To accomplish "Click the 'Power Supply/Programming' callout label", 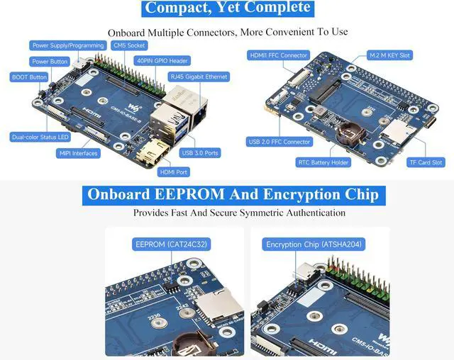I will (x=69, y=45).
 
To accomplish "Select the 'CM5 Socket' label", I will (x=128, y=45).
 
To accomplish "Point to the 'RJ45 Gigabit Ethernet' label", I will (x=198, y=76).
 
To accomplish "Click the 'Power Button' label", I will (x=50, y=62).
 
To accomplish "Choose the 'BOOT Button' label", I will (x=29, y=77).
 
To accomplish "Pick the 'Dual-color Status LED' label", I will (x=40, y=137).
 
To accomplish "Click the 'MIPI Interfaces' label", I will (x=78, y=153).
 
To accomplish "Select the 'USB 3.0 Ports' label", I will (x=200, y=153).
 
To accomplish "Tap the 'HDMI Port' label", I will (x=174, y=171).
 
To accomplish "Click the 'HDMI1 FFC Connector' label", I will (x=279, y=55).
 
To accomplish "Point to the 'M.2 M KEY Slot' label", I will (x=390, y=55).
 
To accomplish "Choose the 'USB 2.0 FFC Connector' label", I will (x=278, y=142).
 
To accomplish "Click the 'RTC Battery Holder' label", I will (x=323, y=162).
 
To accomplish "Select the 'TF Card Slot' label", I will (x=426, y=162).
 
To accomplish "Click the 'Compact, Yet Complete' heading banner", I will (x=227, y=9).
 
